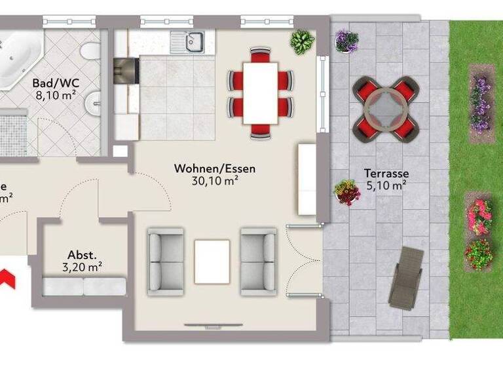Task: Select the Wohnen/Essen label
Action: coord(214,168)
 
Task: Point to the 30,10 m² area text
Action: coord(214,181)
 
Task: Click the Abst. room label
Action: coord(82,255)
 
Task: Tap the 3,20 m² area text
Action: coord(82,267)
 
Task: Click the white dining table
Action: coord(260,92)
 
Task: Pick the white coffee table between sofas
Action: coord(212,261)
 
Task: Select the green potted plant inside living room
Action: coord(302,42)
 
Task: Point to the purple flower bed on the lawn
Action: coord(480,104)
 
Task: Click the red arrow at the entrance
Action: coord(8,277)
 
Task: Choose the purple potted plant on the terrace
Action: coord(346,41)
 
